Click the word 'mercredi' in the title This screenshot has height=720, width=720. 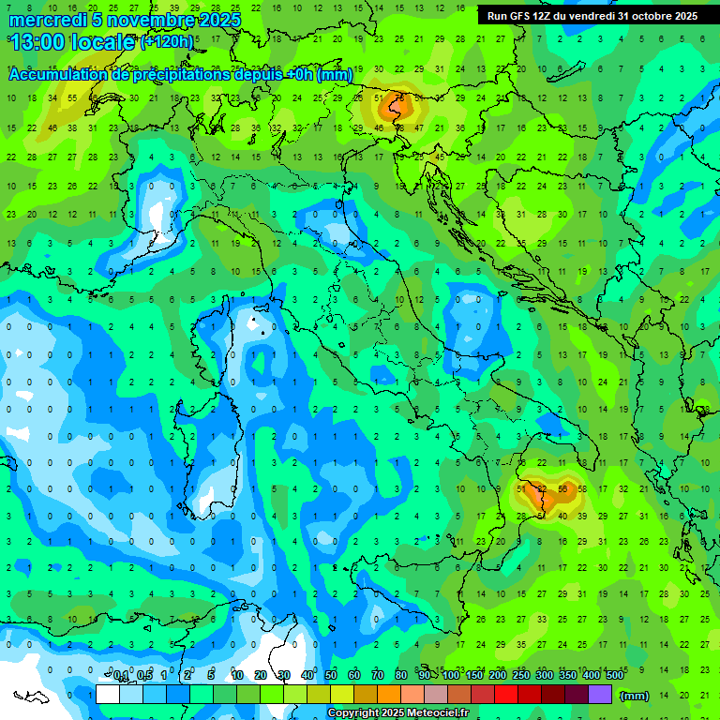48,20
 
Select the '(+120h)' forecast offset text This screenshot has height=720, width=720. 167,41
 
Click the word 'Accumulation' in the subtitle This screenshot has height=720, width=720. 57,75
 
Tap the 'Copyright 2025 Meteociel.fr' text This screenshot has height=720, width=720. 398,713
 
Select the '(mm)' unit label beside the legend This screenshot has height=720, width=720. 635,696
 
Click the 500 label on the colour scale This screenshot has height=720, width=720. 614,676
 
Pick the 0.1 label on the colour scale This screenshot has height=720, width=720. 121,676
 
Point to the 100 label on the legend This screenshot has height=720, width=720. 451,676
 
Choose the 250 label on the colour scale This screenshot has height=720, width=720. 521,676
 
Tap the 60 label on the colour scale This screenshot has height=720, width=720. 354,676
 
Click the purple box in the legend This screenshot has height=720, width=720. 600,695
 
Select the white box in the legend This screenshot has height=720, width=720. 108,695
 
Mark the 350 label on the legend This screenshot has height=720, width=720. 568,676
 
